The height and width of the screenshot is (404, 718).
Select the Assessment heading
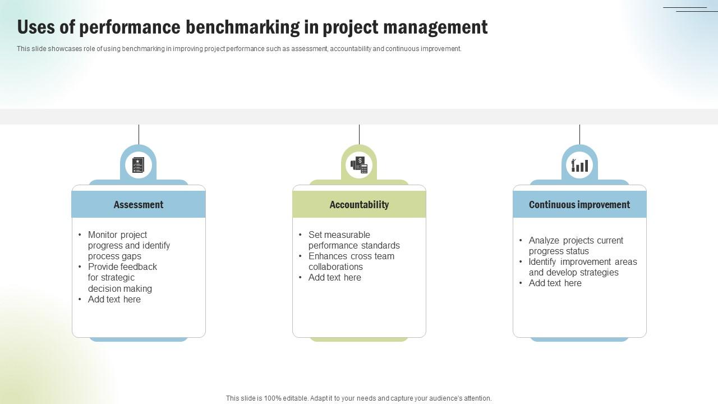click(x=139, y=205)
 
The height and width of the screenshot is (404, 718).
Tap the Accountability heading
click(x=359, y=205)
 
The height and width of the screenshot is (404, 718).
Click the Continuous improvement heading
click(x=579, y=205)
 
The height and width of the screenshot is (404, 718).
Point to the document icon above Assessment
click(x=138, y=165)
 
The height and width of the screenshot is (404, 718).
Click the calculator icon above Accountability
click(x=359, y=165)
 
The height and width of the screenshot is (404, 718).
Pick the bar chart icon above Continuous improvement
click(x=579, y=165)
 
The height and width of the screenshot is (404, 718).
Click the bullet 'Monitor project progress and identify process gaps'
click(x=128, y=245)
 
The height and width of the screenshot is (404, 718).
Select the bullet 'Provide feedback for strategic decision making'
click(x=122, y=278)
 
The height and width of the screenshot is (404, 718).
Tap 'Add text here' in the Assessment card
click(x=114, y=300)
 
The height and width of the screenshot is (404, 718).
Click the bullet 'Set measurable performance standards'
click(x=353, y=240)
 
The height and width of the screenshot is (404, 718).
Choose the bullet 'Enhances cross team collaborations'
click(x=351, y=261)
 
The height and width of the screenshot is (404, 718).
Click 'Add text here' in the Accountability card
click(x=335, y=278)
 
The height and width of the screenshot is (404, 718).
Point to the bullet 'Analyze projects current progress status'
click(x=576, y=246)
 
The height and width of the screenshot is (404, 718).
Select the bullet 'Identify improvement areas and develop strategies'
click(x=582, y=267)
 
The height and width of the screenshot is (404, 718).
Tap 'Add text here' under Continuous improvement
click(x=555, y=283)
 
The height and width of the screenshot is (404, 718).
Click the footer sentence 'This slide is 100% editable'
click(x=359, y=398)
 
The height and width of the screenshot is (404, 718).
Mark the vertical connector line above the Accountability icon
click(x=359, y=134)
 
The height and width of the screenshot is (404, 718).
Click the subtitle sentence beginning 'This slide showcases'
click(x=239, y=49)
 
